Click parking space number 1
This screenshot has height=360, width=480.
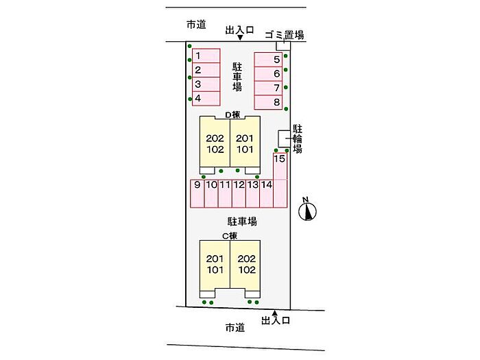pos(204,56)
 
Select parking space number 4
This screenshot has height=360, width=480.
pos(204,99)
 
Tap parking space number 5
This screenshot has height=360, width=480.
pos(269,60)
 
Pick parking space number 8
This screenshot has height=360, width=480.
pos(269,103)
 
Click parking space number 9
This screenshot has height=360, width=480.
pos(197,193)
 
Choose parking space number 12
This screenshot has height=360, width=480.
pos(239,193)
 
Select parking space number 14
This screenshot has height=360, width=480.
pos(267,193)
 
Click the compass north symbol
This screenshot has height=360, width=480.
pos(307,209)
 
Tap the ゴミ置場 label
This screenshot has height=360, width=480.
pos(285,34)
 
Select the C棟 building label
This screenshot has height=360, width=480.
pos(229,235)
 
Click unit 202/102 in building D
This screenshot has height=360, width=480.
pos(215,143)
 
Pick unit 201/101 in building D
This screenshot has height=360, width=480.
pos(245,143)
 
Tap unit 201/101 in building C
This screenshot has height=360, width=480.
pos(214,264)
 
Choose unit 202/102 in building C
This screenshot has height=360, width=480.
pos(245,264)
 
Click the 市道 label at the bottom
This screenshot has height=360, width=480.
pos(235,328)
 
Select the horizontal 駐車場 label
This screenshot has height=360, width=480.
pos(243,221)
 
